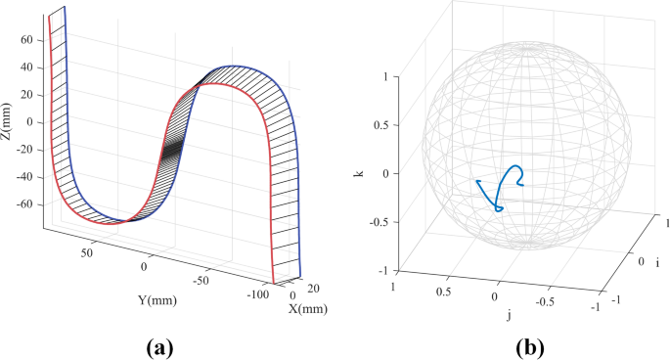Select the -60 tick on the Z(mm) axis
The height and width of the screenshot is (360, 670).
(x=24, y=204)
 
